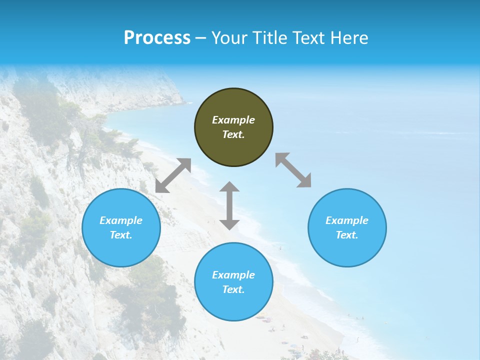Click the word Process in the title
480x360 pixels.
pyautogui.click(x=157, y=38)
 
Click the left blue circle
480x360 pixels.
pyautogui.click(x=121, y=227)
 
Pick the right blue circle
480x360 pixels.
pyautogui.click(x=347, y=227)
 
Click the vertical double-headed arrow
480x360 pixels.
pyautogui.click(x=229, y=205)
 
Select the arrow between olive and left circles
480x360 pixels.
pyautogui.click(x=173, y=175)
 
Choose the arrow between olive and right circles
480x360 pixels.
pyautogui.click(x=293, y=170)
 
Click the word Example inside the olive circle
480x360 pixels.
pyautogui.click(x=233, y=120)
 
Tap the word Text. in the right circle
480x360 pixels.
pyautogui.click(x=346, y=235)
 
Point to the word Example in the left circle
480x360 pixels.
pyautogui.click(x=121, y=220)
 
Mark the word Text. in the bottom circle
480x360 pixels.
pyautogui.click(x=233, y=289)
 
